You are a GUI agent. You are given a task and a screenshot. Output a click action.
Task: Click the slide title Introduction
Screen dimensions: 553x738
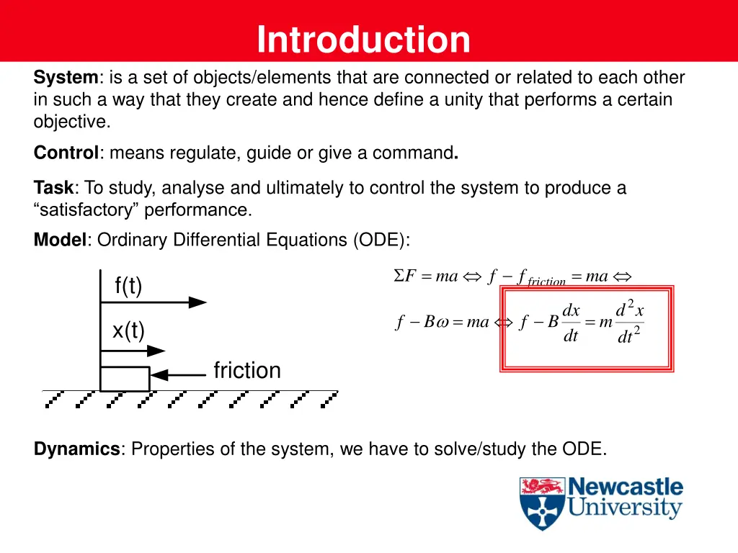click(x=363, y=40)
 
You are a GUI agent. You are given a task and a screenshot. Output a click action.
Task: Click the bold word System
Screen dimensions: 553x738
click(x=66, y=78)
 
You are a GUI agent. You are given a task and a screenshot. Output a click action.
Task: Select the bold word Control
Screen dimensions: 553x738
click(x=66, y=153)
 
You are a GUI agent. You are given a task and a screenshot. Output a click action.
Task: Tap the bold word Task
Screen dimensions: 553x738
click(x=53, y=189)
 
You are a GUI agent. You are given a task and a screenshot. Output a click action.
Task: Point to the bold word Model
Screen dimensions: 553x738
click(x=60, y=240)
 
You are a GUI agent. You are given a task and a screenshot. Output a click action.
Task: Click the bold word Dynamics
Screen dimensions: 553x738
click(x=77, y=449)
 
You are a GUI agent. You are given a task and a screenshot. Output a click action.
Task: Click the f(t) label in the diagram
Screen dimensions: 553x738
click(x=128, y=286)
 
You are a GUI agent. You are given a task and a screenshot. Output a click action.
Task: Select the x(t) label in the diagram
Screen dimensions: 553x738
click(x=128, y=331)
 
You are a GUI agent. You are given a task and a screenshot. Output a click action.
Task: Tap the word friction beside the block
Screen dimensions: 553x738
click(x=247, y=370)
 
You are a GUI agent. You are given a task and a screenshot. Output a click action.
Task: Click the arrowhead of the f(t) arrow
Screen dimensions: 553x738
click(x=197, y=302)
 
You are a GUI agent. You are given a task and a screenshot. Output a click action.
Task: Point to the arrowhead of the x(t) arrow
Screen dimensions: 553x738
click(x=156, y=351)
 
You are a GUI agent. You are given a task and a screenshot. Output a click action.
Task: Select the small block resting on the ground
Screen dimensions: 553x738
click(x=124, y=378)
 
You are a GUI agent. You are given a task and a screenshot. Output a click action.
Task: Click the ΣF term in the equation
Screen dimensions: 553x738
click(x=405, y=276)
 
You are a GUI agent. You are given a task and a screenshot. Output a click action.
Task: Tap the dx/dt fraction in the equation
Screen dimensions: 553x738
click(x=571, y=323)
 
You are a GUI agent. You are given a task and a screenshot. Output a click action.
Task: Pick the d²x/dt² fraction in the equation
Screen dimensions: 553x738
click(x=629, y=323)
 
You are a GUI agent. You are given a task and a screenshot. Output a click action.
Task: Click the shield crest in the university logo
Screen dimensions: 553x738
click(x=542, y=503)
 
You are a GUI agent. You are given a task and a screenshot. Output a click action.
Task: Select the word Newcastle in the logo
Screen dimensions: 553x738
click(x=625, y=487)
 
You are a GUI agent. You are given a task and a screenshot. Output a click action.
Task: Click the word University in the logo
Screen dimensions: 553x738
click(x=624, y=509)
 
